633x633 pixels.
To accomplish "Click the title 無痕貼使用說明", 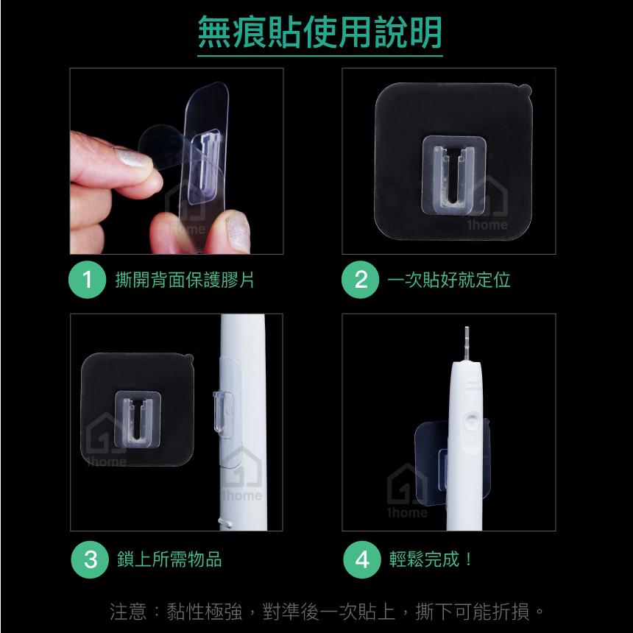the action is click(x=319, y=32).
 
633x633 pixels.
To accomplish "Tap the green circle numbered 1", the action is click(x=87, y=280).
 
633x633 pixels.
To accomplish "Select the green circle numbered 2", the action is click(x=361, y=280).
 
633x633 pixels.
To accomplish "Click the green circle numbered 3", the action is click(x=90, y=559).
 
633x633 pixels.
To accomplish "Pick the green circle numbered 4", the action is click(x=362, y=559).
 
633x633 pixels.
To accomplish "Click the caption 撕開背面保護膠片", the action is click(x=185, y=280).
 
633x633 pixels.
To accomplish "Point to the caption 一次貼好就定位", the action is click(x=449, y=280).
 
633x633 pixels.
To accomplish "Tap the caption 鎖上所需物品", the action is click(x=169, y=559).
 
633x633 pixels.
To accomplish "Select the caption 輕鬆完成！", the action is click(x=431, y=559).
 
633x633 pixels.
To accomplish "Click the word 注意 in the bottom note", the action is click(x=128, y=611).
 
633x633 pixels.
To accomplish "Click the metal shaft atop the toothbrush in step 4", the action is click(x=467, y=344).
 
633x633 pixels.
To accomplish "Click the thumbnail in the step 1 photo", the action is click(x=238, y=232).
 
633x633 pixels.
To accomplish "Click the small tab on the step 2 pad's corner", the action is click(x=525, y=89).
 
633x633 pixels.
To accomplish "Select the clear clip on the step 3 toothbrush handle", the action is click(x=222, y=411).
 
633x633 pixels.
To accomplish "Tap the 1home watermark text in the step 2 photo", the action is click(x=488, y=224).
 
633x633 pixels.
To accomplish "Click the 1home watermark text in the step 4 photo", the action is click(x=407, y=513).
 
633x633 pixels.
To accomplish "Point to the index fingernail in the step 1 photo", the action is click(x=133, y=158).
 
